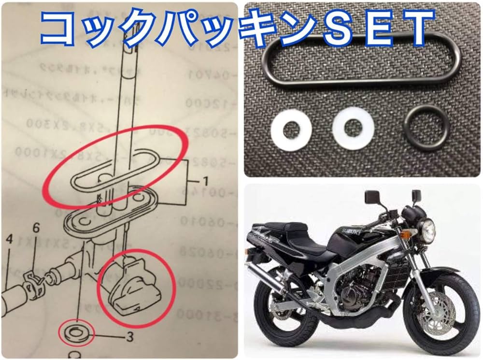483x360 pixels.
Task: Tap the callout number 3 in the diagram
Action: tap(128, 337)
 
